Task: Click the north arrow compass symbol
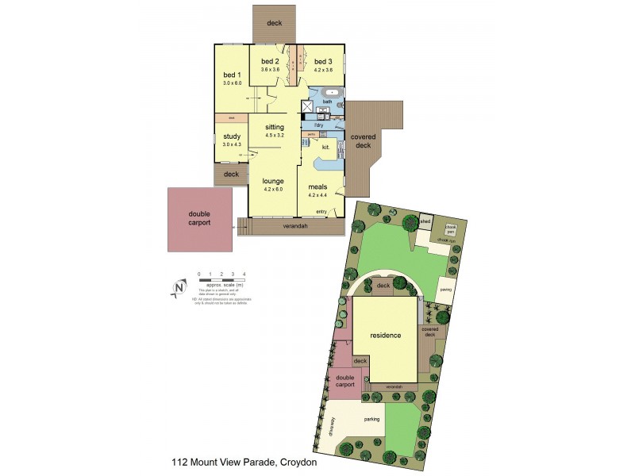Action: (x=177, y=290)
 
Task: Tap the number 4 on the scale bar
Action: (x=244, y=274)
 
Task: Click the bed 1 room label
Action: (x=231, y=75)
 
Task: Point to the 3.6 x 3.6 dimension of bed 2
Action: (x=271, y=69)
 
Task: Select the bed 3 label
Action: (x=321, y=62)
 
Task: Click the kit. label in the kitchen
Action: (x=325, y=147)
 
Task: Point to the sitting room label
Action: (x=274, y=127)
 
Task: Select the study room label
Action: (x=230, y=136)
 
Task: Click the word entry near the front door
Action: (x=321, y=211)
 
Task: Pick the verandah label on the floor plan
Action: (x=295, y=226)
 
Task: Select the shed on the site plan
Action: (x=425, y=221)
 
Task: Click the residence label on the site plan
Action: (x=386, y=335)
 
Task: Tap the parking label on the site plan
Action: (x=371, y=419)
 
